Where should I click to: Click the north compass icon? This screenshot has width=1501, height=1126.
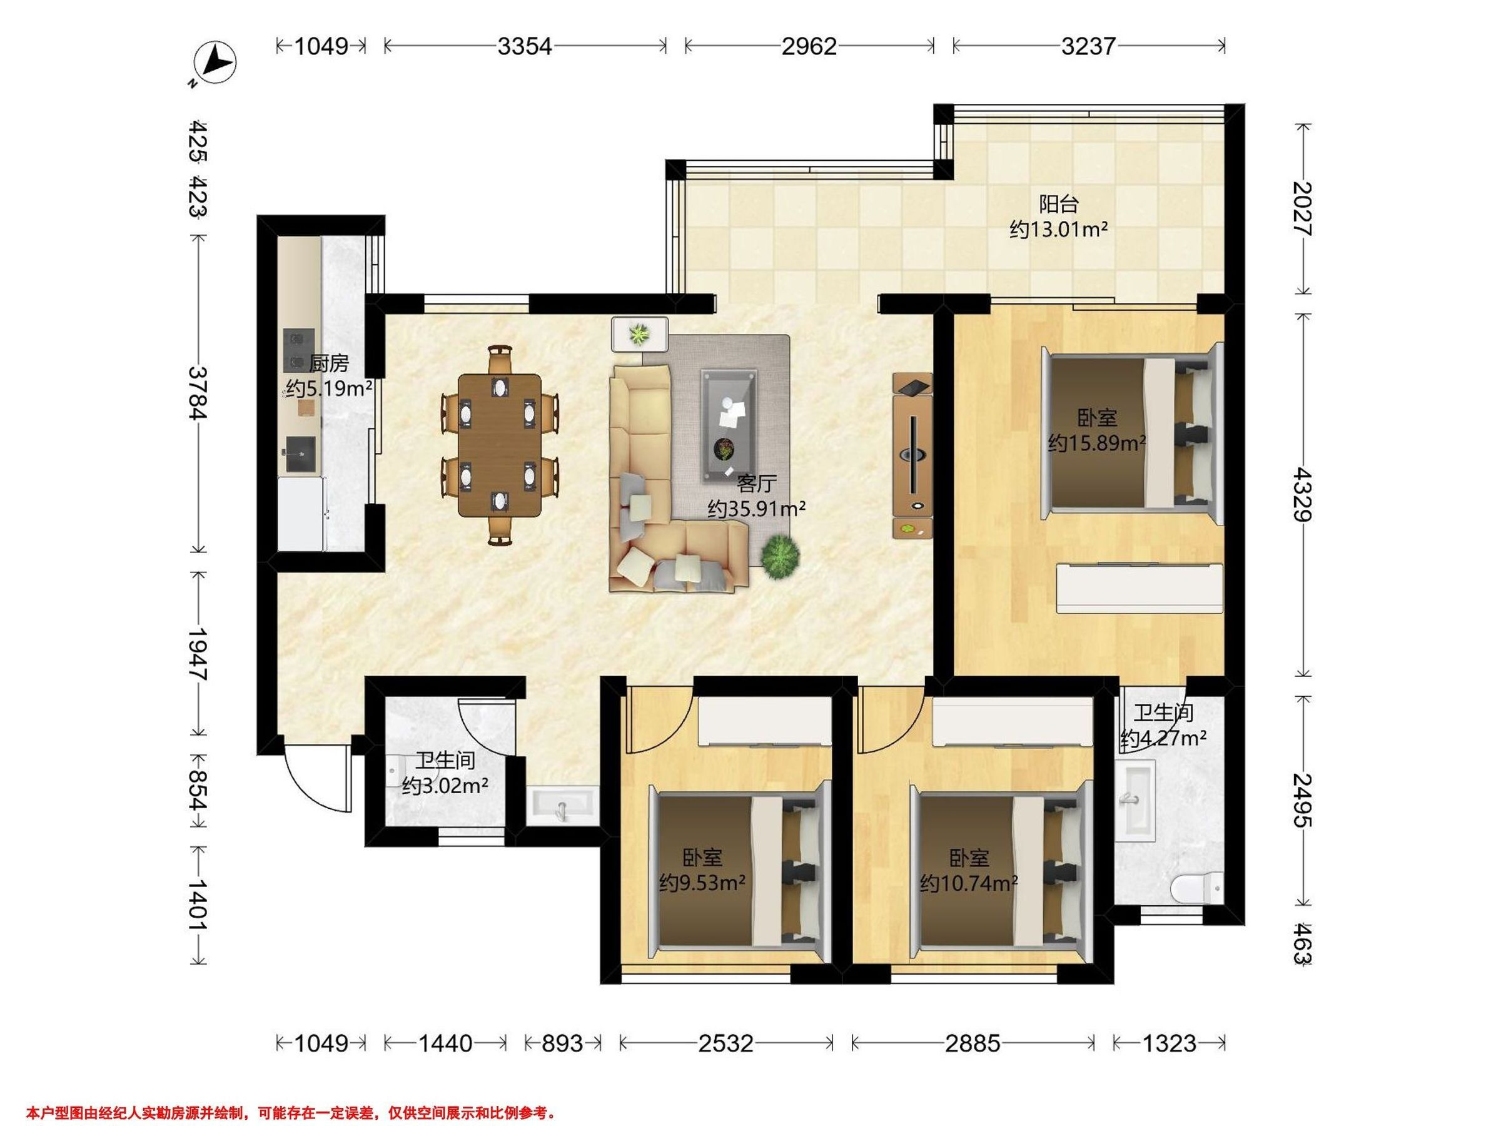215,63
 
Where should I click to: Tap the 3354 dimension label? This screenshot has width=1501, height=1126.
525,46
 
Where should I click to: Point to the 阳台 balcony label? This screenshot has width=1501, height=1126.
1059,203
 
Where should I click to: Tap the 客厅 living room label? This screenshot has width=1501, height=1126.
757,484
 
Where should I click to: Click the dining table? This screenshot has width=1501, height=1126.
500,445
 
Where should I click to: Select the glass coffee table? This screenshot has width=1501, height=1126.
729,427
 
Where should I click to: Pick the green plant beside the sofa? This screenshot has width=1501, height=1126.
780,556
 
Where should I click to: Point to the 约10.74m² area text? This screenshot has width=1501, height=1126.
969,883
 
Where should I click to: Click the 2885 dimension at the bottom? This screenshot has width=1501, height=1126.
973,1043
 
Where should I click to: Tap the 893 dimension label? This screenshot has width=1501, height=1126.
562,1043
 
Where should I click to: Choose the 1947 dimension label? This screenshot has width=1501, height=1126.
198,653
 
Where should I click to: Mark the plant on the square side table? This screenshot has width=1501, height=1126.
639,334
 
